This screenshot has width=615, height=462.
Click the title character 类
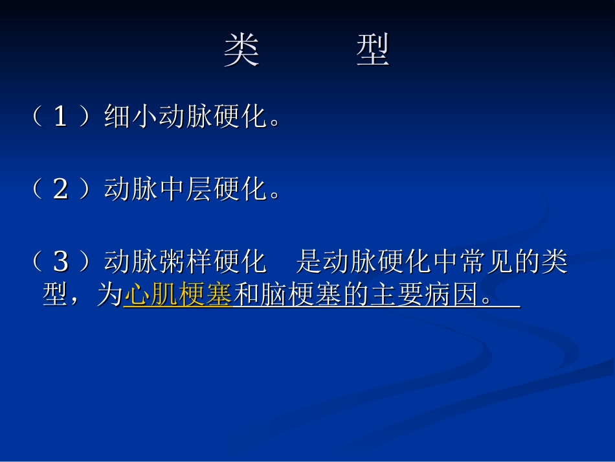[x=241, y=51]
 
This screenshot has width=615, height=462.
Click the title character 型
[x=373, y=51]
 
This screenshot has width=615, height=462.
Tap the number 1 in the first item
[x=60, y=117]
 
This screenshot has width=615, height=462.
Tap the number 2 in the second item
[x=60, y=190]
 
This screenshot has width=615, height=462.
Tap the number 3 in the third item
[x=60, y=262]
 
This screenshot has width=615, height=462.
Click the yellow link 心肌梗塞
[x=177, y=296]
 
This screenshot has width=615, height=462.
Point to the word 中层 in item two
[x=185, y=190]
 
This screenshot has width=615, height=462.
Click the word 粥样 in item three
[x=185, y=262]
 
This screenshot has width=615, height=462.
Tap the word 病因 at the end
[x=449, y=296]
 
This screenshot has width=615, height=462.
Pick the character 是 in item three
[x=309, y=262]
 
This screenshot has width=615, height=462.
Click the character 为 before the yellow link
[x=109, y=296]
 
